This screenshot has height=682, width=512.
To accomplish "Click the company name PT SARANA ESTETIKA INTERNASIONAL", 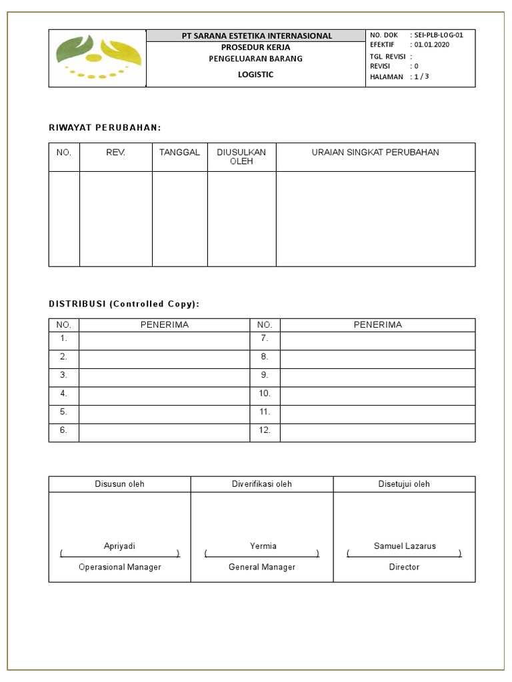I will coord(257,36).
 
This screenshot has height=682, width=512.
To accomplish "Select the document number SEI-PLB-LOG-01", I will coord(439,35).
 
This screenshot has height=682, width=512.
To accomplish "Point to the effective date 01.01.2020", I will coord(432,45).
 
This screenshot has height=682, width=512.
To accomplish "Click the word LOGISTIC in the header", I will coord(256,75).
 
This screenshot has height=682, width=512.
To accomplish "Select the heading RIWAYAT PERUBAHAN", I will coord(105,127).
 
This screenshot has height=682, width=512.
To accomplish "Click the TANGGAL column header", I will coord(179,153).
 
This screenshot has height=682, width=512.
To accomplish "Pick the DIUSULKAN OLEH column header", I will coord(241,157).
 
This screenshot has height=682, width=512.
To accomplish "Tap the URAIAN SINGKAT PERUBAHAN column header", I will coord(375,153).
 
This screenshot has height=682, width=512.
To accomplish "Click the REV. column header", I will coord(115,153).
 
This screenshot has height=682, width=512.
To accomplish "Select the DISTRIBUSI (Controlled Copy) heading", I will coord(124,304).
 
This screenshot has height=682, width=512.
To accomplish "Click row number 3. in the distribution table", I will coord(64,375).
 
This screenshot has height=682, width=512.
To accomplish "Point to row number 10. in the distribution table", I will coord(265,394).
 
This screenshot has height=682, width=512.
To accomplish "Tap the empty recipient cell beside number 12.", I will coord(377,431).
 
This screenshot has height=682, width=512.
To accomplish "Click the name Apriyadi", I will coord(119,545).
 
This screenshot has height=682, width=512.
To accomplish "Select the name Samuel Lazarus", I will coord(405,545).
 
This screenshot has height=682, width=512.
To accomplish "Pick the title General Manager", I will coord(261,567).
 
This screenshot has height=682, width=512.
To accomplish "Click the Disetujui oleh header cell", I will coord(404,484).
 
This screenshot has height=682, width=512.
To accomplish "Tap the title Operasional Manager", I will coord(119,567).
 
